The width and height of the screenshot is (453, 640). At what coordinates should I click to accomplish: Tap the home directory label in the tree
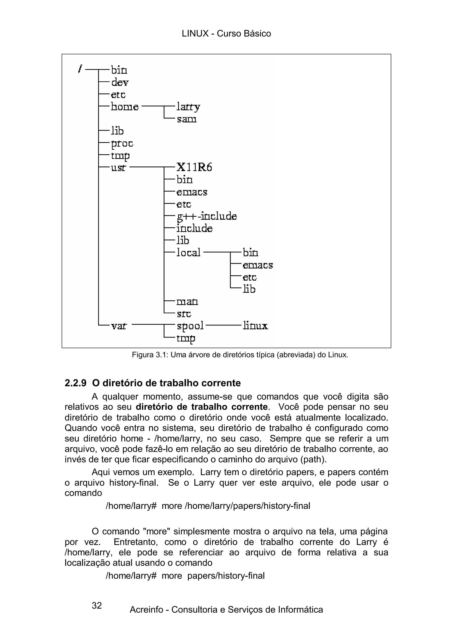(x=125, y=107)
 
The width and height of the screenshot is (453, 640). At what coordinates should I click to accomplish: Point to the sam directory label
(x=186, y=119)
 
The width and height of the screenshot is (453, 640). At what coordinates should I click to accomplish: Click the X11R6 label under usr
(x=194, y=167)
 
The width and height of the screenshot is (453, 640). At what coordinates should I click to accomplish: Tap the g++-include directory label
(x=207, y=217)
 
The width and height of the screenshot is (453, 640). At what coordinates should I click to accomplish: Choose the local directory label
(x=188, y=253)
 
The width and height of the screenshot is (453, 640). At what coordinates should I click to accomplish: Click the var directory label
(x=119, y=326)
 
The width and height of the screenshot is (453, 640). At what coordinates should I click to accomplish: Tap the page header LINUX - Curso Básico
(x=226, y=33)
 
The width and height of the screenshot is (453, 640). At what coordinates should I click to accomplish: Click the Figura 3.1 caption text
(x=240, y=355)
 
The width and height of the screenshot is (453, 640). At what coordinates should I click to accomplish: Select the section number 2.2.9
(x=76, y=383)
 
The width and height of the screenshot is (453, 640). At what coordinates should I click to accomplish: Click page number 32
(x=97, y=605)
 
